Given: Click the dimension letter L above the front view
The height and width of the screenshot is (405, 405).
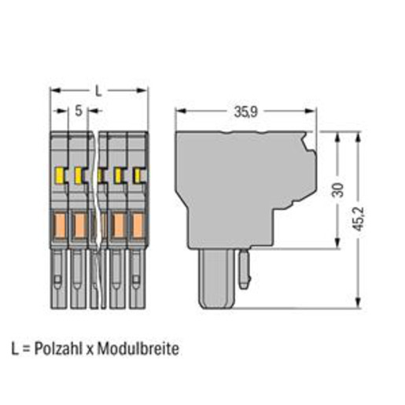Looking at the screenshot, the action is [98, 91].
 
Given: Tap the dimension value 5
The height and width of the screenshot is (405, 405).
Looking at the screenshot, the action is [79, 111].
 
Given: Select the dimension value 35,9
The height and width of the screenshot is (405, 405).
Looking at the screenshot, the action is [246, 112].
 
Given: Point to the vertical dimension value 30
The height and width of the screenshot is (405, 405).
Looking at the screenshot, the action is [338, 190].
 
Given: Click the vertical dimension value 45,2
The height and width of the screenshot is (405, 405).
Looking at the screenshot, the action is [359, 219].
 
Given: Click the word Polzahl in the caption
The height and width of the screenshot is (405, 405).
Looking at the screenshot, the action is [59, 348].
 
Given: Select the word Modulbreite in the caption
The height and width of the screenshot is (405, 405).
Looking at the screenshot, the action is [138, 348].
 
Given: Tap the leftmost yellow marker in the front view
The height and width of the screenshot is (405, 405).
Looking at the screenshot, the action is [60, 175].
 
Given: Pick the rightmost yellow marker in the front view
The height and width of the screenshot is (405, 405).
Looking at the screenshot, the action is [137, 175].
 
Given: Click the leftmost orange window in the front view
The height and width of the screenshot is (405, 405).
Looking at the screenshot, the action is [60, 226].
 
